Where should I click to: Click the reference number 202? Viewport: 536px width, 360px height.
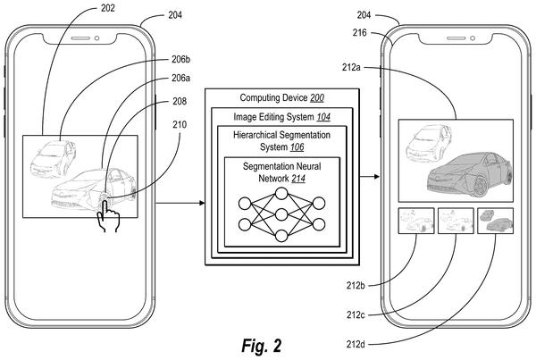(x=108, y=8)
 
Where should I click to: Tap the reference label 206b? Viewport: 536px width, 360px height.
(x=180, y=60)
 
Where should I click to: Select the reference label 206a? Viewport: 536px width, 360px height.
(x=180, y=79)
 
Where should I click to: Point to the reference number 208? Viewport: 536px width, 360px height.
(x=180, y=101)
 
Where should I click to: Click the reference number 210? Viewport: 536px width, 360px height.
(x=180, y=125)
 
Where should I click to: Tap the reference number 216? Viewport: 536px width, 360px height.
(x=360, y=33)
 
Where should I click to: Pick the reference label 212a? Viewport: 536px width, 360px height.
(x=351, y=67)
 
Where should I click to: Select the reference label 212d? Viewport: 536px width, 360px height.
(x=356, y=344)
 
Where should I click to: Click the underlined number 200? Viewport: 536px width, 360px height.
(x=317, y=98)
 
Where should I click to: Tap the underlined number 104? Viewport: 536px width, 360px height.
(x=323, y=117)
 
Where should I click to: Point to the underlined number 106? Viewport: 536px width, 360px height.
(x=297, y=147)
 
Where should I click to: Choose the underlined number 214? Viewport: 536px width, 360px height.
(x=298, y=179)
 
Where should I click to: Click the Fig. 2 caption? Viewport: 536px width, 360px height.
(x=262, y=346)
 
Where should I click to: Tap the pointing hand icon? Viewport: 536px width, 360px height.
(x=108, y=215)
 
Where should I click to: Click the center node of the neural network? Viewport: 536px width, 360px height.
(x=281, y=214)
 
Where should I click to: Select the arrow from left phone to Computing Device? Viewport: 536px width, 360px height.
(x=180, y=203)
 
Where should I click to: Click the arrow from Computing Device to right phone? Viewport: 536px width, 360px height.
(x=370, y=176)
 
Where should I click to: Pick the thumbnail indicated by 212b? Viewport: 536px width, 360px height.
(x=416, y=221)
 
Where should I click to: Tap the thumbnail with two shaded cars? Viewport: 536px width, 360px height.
(x=495, y=221)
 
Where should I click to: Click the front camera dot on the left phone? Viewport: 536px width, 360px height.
(x=96, y=38)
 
